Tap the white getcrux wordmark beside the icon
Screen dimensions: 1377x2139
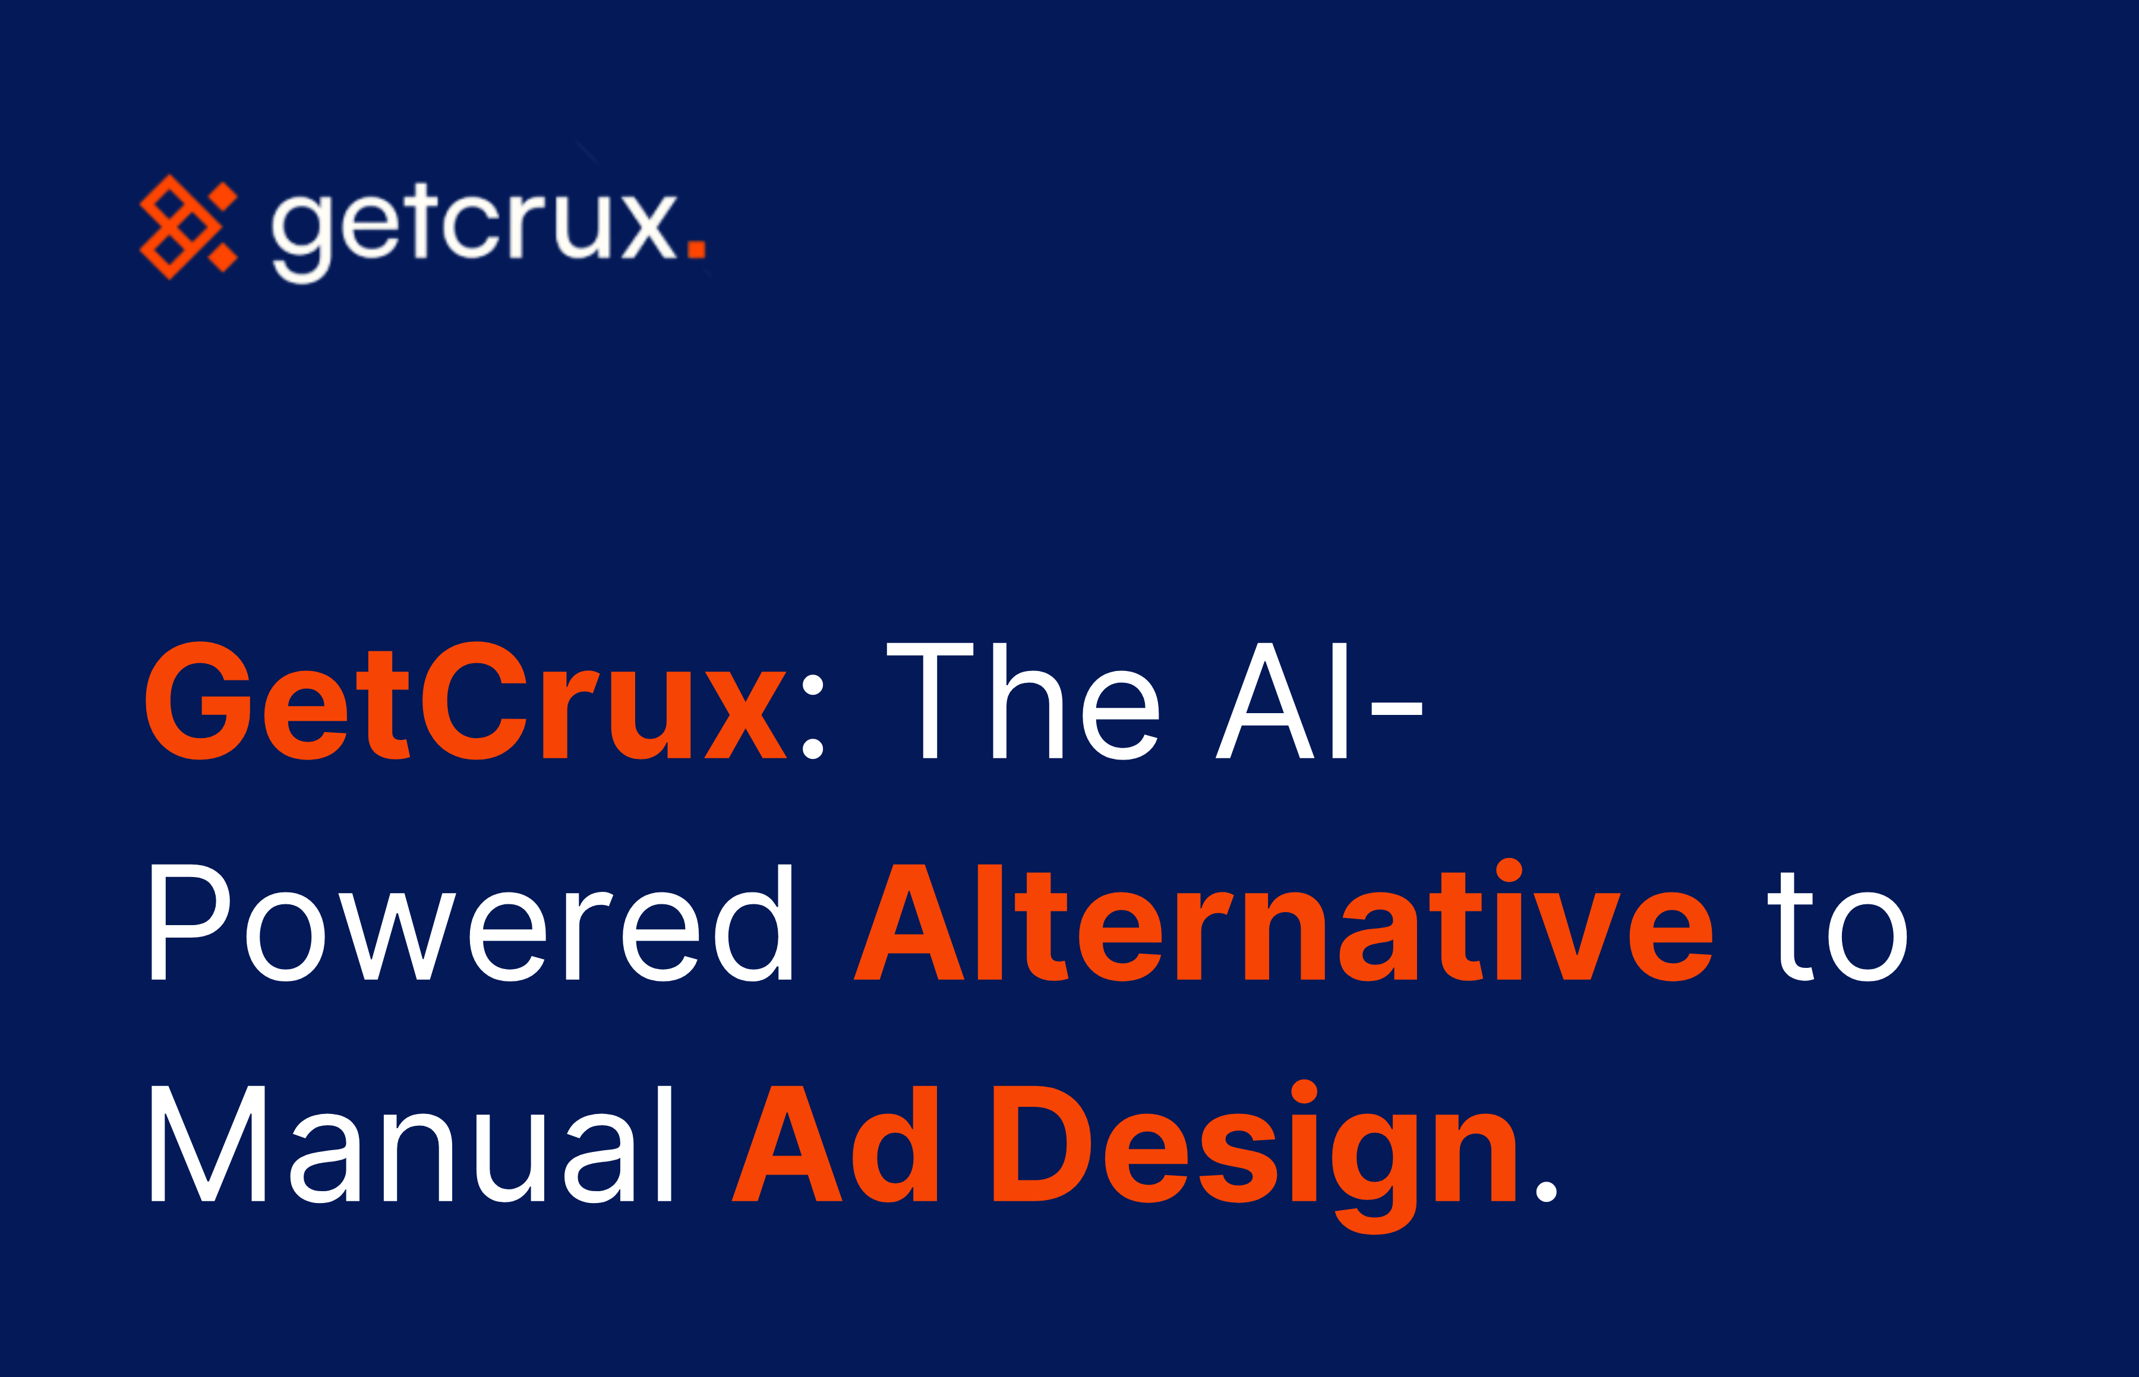coord(474,228)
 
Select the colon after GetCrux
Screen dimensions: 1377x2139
coord(812,717)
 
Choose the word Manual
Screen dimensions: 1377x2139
coord(411,1144)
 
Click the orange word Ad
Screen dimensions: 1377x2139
coord(834,1144)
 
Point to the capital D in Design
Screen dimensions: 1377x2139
coord(1042,1144)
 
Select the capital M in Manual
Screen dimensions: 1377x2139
coord(207,1144)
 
